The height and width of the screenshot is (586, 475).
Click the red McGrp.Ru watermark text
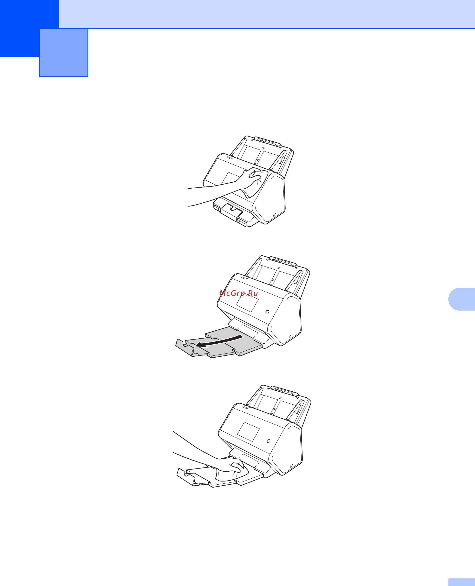(239, 293)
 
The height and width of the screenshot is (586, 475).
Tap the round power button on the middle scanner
(267, 312)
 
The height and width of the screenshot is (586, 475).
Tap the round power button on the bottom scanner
(268, 441)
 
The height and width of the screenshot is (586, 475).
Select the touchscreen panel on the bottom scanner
(248, 432)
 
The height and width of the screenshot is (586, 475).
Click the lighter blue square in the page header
(64, 53)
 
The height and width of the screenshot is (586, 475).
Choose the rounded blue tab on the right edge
(462, 299)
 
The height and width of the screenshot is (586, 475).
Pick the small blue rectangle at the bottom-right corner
(462, 582)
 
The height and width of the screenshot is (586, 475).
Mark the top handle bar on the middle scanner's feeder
(283, 261)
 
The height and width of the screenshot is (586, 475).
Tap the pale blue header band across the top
(267, 14)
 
